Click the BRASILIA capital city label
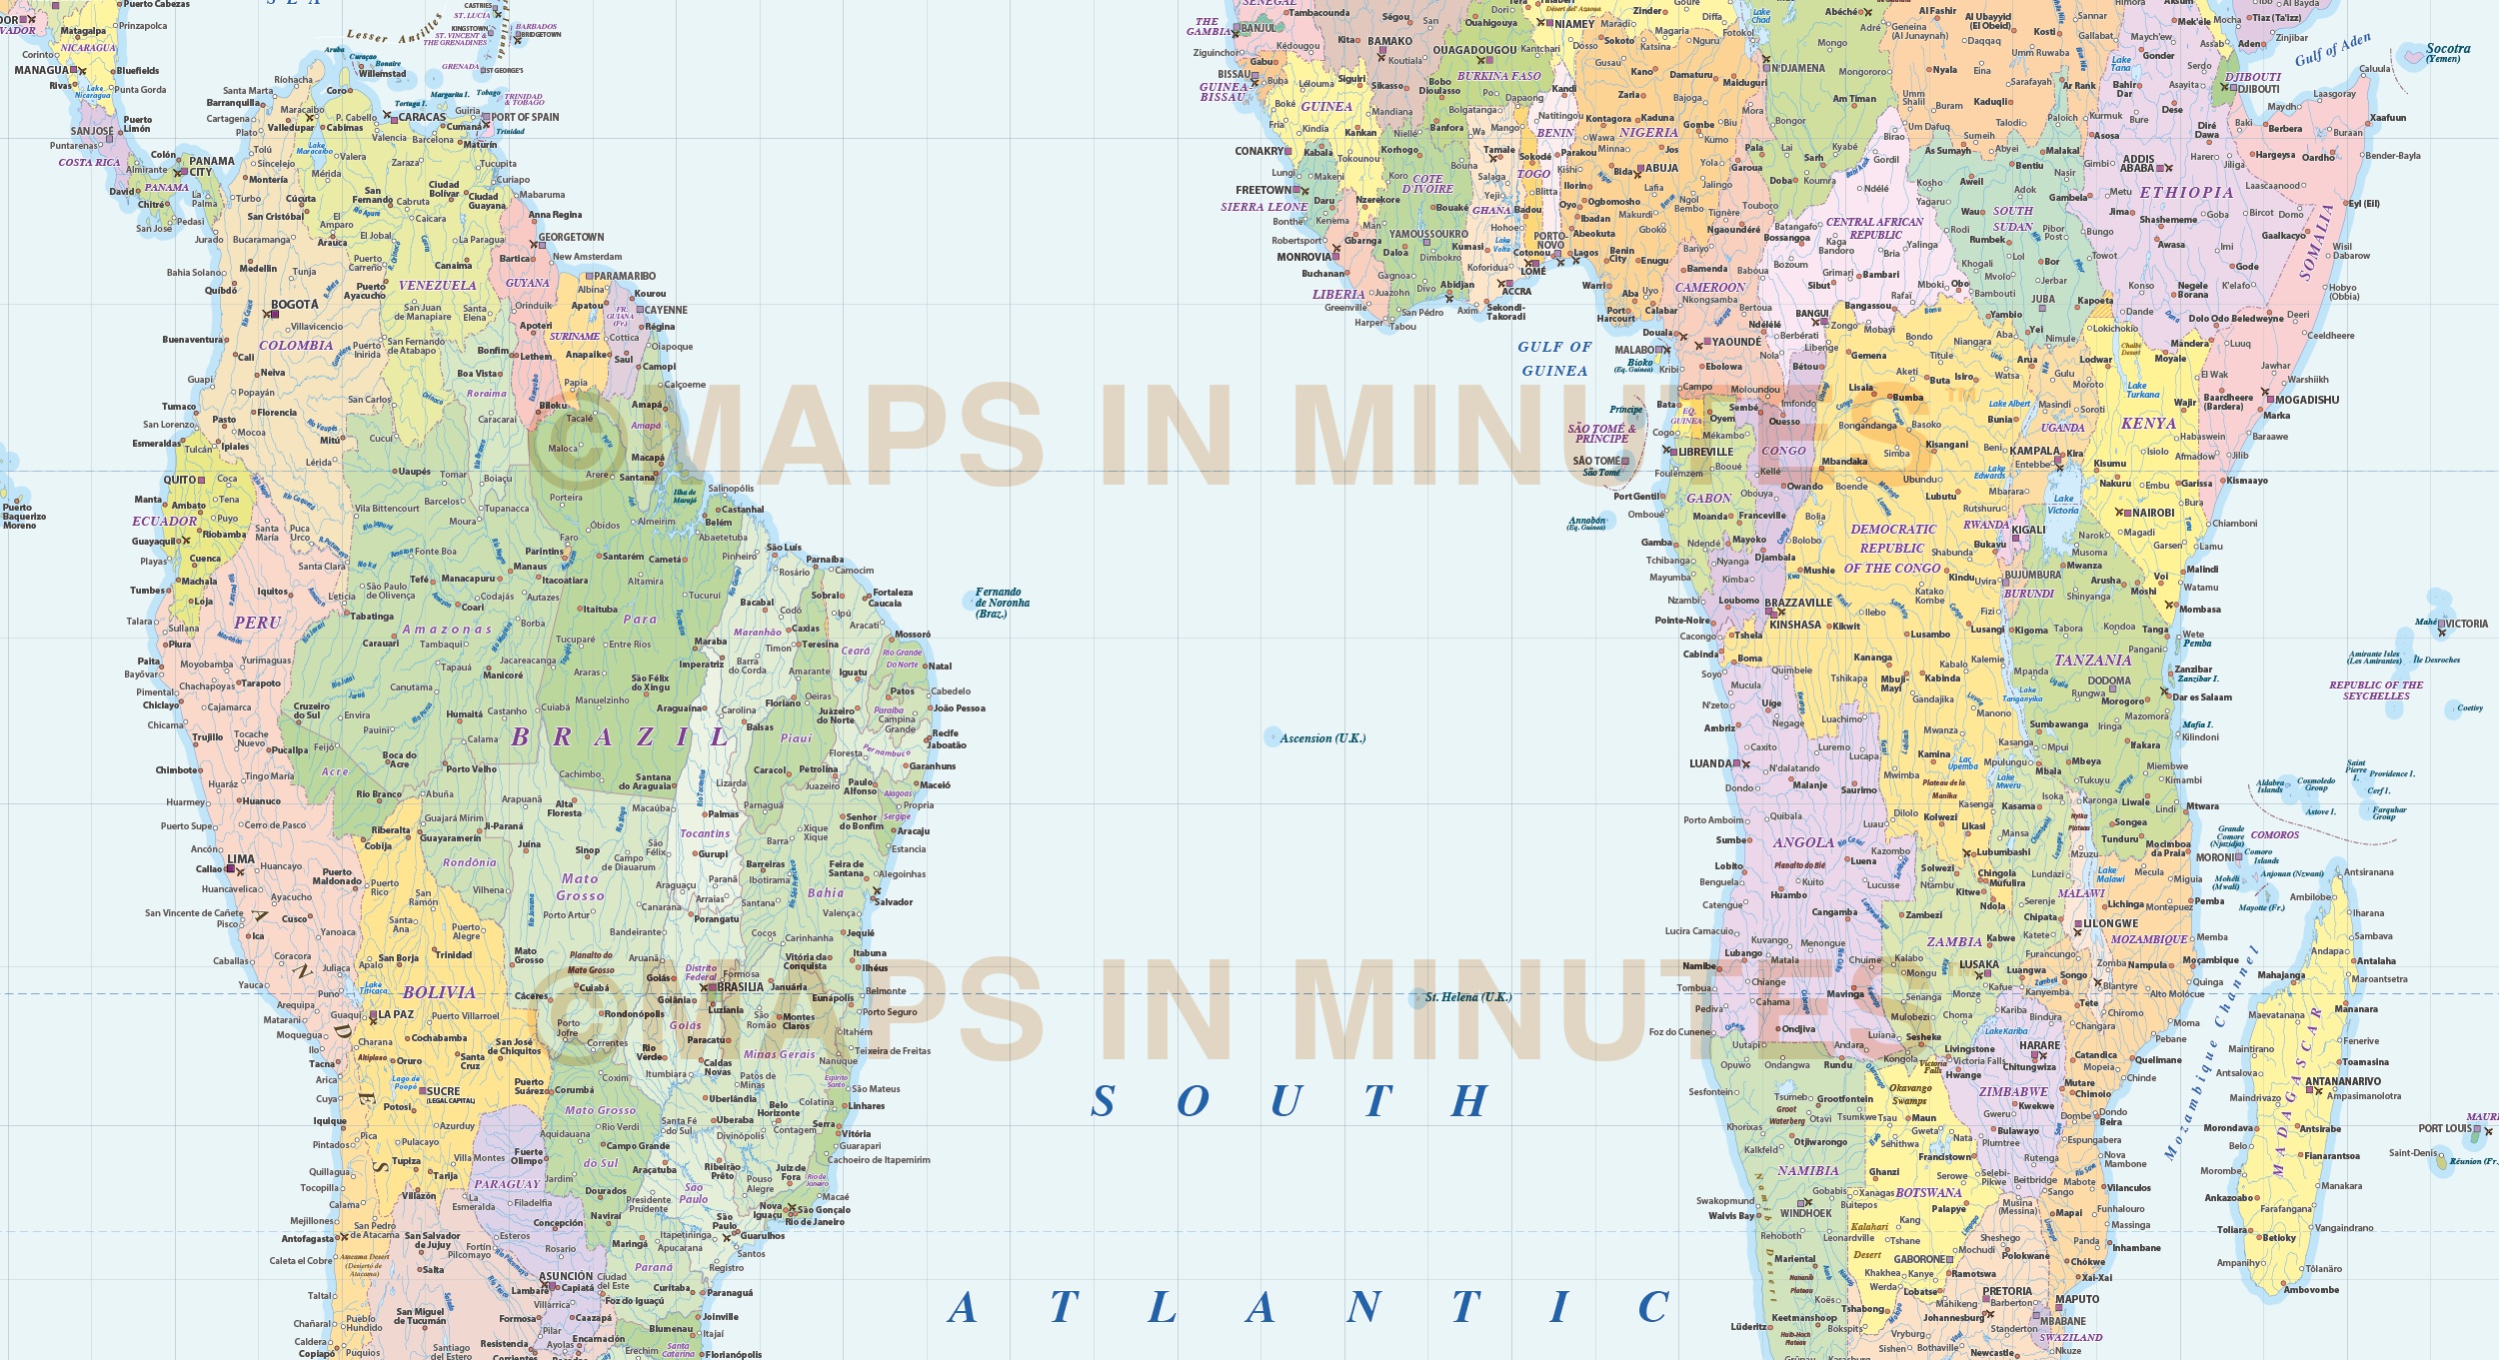point(740,986)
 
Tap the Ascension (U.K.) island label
point(1322,738)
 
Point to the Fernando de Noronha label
point(1002,603)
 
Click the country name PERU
point(257,623)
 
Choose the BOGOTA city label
point(295,305)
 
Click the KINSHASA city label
point(1795,625)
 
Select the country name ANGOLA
point(1803,842)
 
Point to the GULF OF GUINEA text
point(1553,359)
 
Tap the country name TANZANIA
point(2093,661)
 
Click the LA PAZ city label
point(396,1014)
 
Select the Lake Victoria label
point(2062,505)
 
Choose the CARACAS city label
point(422,117)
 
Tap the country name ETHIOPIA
point(2186,193)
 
